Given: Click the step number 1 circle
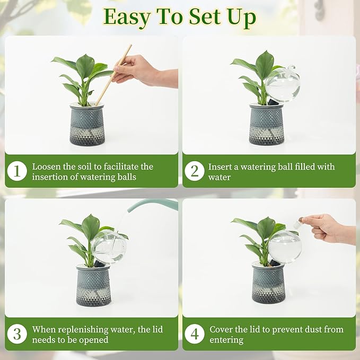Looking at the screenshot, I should [x=17, y=171].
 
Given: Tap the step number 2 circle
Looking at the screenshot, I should [x=195, y=171].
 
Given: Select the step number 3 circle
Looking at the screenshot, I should [x=17, y=334].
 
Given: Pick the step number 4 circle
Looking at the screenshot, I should [x=195, y=334].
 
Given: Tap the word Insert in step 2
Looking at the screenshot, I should [x=220, y=166].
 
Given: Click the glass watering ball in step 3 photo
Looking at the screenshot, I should [x=109, y=247].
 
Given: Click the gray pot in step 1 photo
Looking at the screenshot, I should [x=87, y=125].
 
